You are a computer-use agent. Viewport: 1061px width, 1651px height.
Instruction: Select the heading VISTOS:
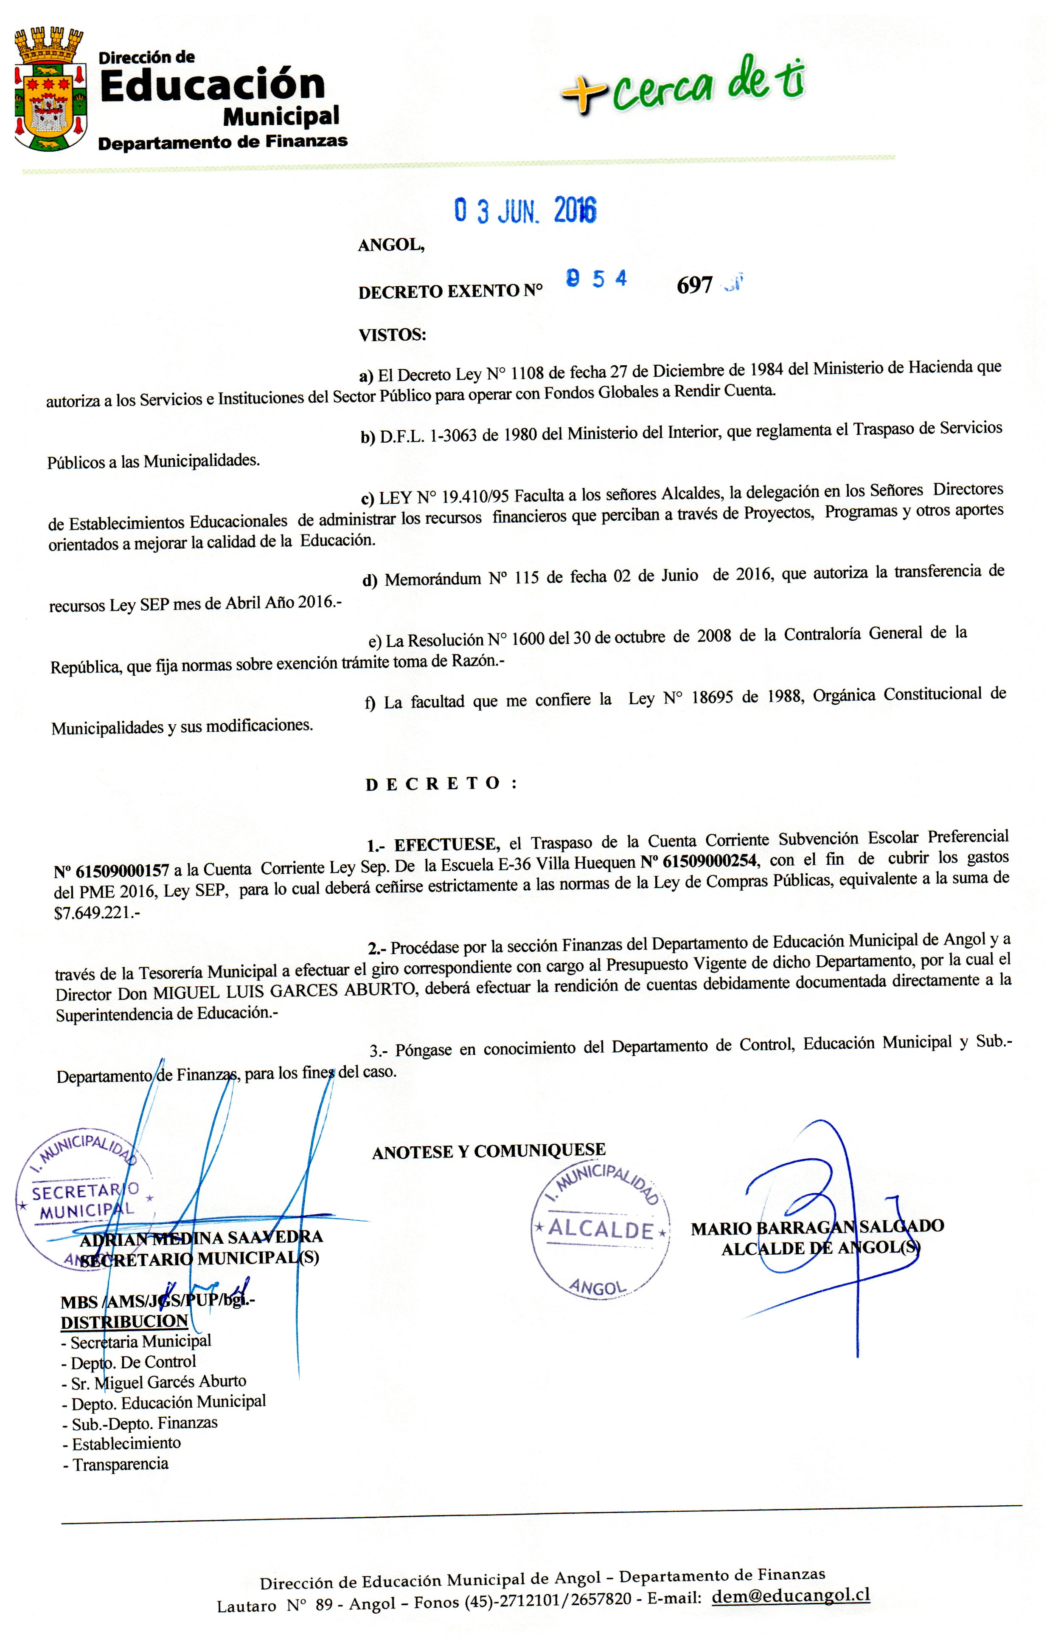click(392, 335)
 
